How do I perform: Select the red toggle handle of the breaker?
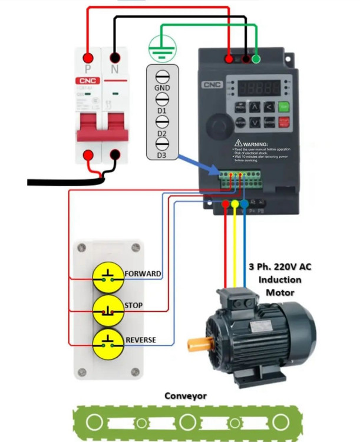tap(101, 128)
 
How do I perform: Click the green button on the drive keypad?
tap(285, 107)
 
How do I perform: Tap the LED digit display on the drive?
tap(259, 88)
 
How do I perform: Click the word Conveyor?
tap(185, 396)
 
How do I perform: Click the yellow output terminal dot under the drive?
tap(235, 204)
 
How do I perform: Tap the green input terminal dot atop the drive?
tap(256, 59)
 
